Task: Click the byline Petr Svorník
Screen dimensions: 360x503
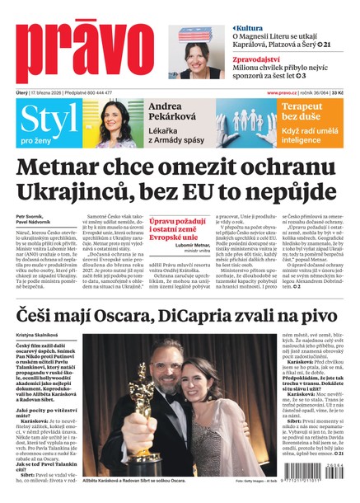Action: tap(30, 217)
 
